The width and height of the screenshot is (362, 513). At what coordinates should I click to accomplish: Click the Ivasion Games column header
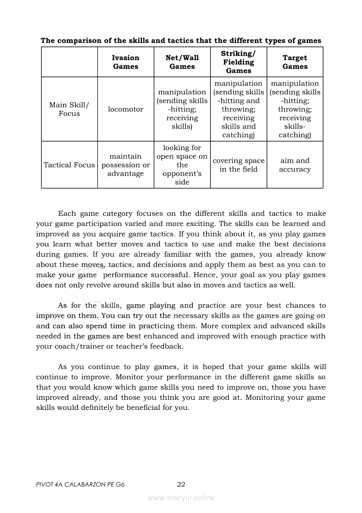click(x=125, y=62)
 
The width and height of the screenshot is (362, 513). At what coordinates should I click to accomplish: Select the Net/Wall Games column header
click(x=182, y=62)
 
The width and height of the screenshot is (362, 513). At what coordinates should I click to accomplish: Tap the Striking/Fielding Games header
click(x=238, y=62)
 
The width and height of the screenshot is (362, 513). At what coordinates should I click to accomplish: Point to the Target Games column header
click(x=295, y=62)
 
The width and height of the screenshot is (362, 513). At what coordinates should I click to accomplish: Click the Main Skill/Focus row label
click(x=69, y=109)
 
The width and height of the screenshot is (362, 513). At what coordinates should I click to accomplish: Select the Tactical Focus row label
click(x=69, y=165)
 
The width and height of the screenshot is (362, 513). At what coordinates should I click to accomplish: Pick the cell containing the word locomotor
click(x=125, y=109)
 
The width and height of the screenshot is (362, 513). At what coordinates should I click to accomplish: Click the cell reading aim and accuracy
click(x=295, y=165)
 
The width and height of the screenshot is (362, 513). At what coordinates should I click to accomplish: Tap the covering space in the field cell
click(x=238, y=165)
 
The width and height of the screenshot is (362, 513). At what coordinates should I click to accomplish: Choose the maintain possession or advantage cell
click(x=125, y=165)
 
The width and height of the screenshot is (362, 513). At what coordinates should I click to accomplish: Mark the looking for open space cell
click(x=182, y=165)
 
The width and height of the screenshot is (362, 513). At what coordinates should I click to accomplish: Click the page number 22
click(x=181, y=484)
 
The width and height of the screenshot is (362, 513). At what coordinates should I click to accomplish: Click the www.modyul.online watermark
click(x=181, y=498)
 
